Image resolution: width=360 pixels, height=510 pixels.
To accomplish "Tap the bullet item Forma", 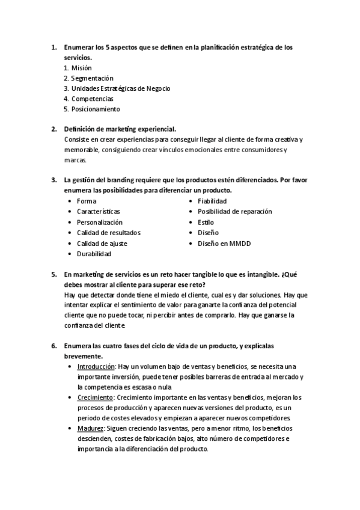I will pos(86,201).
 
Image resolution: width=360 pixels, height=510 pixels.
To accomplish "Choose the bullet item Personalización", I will pos(99,222).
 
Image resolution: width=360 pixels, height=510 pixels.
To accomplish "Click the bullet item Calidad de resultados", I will pos(108,233).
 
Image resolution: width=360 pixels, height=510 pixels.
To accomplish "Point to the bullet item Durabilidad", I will pos(94,254).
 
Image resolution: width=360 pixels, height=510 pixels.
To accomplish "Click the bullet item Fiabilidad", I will pos(212,201).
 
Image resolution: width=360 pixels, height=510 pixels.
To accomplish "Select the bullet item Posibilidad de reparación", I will pos(234,212).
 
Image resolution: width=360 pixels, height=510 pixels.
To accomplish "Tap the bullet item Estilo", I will pos(206,222).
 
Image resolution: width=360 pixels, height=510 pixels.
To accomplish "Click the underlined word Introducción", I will pos(96,366).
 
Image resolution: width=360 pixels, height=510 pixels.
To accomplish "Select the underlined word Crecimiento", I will pos(95,398).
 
